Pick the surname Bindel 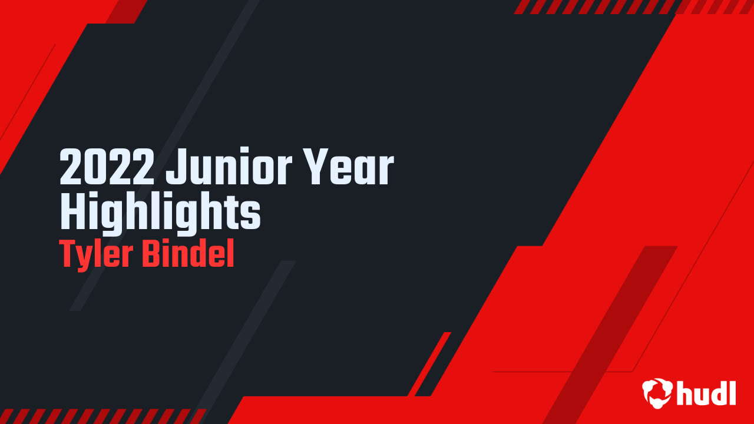[x=188, y=254]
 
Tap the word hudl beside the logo [x=706, y=393]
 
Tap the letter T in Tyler [x=67, y=254]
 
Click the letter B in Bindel [x=151, y=254]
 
